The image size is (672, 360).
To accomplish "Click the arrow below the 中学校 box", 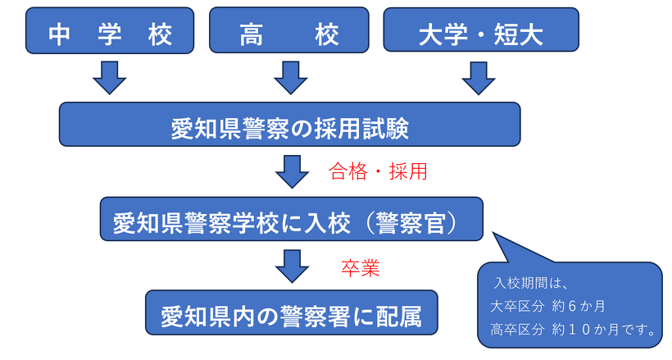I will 109,76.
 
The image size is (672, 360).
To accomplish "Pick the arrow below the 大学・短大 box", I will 479,76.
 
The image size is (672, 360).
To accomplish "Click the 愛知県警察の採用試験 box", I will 289,125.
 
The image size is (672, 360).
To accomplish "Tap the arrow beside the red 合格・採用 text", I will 291,171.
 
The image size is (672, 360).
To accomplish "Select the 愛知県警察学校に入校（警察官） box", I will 291,220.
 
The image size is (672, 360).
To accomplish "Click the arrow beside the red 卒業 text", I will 291,266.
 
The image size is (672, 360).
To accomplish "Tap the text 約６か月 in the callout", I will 578,306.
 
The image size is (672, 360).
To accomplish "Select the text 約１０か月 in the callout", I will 585,330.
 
